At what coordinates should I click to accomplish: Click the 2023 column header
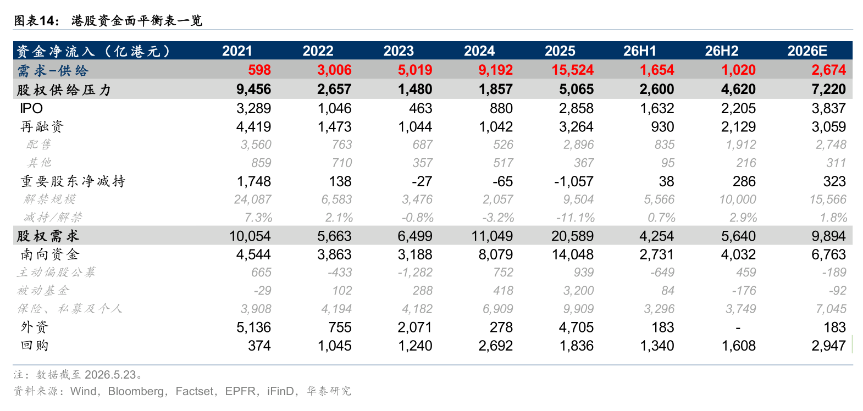(x=399, y=51)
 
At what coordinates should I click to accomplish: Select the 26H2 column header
(x=722, y=51)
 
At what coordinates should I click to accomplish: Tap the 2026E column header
(x=807, y=51)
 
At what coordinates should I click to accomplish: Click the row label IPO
(x=31, y=108)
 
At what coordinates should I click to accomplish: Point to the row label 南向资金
(x=49, y=254)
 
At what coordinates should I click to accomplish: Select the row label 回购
(x=35, y=346)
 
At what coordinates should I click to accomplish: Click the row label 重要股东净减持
(x=73, y=181)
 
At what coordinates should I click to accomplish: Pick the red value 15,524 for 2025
(x=573, y=70)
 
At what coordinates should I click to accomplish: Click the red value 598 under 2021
(x=259, y=70)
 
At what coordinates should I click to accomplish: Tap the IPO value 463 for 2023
(x=421, y=108)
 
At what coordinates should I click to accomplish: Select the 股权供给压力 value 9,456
(x=253, y=90)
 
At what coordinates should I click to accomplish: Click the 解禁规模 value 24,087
(x=252, y=199)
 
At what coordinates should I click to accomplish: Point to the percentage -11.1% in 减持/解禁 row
(x=575, y=218)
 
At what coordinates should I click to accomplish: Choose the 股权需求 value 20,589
(x=572, y=236)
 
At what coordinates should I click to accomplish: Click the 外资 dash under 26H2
(x=738, y=327)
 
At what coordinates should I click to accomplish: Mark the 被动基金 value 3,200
(x=578, y=291)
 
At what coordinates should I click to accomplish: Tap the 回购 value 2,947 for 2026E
(x=828, y=346)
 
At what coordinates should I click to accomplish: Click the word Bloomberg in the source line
(x=136, y=391)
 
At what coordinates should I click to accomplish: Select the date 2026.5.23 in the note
(x=110, y=374)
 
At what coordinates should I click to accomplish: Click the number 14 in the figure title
(x=47, y=20)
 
